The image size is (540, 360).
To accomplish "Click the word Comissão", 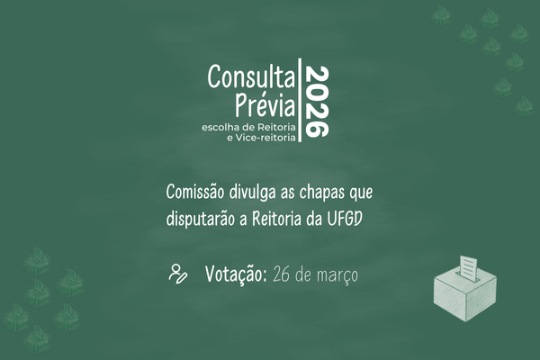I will [197, 193].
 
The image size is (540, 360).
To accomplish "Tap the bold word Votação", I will [234, 274].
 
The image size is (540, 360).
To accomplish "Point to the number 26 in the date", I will [283, 274].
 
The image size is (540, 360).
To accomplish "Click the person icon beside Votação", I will [177, 274].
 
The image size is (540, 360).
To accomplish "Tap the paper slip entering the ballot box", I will [468, 265].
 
